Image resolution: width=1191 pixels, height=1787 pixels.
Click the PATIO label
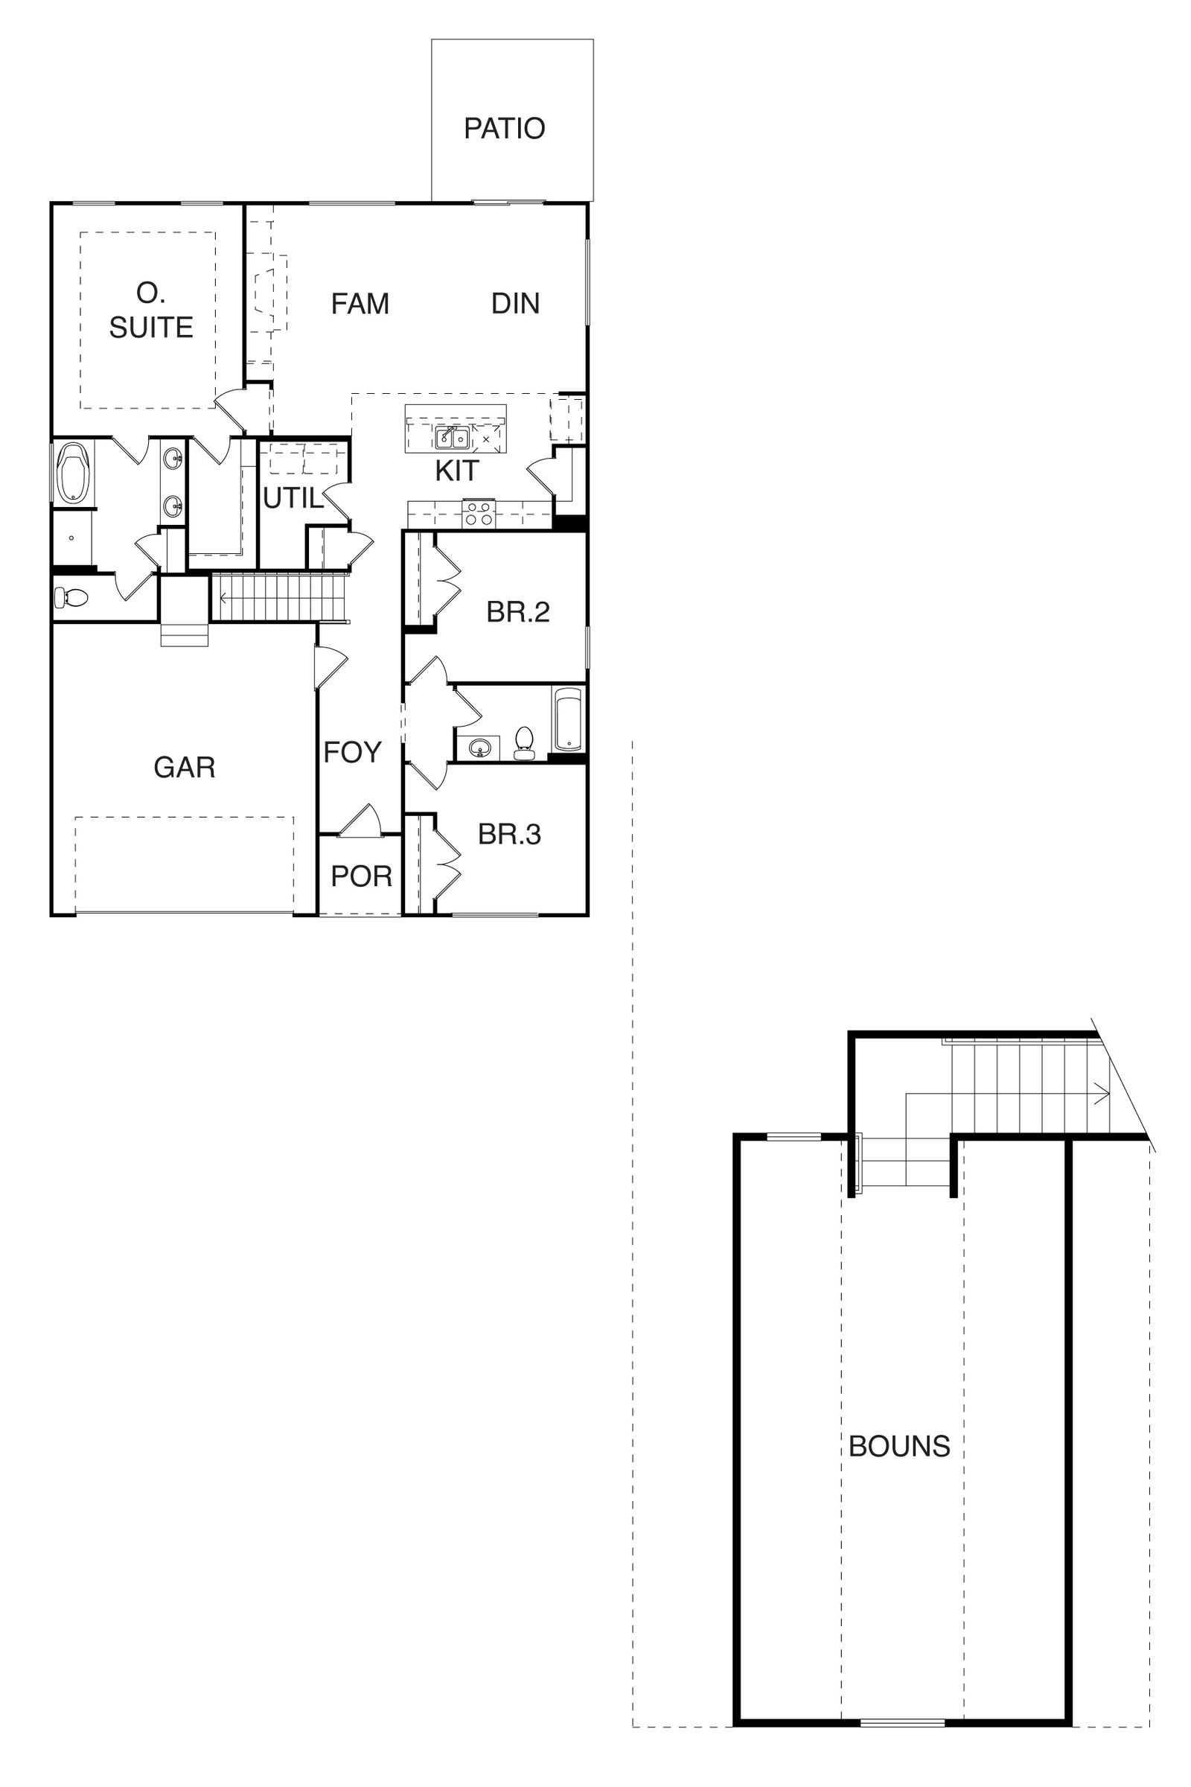pos(505,128)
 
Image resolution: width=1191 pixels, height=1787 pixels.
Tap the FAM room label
pos(360,304)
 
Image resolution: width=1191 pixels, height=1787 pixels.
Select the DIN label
pos(515,303)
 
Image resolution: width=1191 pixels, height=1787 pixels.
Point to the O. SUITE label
pos(151,310)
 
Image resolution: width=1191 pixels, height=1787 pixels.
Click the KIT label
pos(456,471)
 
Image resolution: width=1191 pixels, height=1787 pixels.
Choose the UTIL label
pos(293,498)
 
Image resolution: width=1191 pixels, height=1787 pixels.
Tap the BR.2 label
pos(518,611)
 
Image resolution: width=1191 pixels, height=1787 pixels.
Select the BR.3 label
pos(509,834)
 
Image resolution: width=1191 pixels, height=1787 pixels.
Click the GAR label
pos(185,768)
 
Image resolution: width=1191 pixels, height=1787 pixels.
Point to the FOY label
pos(352,752)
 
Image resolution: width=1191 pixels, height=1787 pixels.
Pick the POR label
pos(362,877)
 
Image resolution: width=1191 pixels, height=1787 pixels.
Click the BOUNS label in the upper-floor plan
pos(899,1446)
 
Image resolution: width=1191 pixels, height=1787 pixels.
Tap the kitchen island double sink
pos(452,439)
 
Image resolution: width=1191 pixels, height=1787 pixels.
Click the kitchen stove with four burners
pos(479,514)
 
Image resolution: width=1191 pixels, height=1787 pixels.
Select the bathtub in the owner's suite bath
pos(74,474)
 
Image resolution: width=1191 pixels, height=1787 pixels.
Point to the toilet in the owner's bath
pos(71,599)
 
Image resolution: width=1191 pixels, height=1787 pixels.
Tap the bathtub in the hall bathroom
pos(567,719)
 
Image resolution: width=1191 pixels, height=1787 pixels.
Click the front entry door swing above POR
pos(360,822)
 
